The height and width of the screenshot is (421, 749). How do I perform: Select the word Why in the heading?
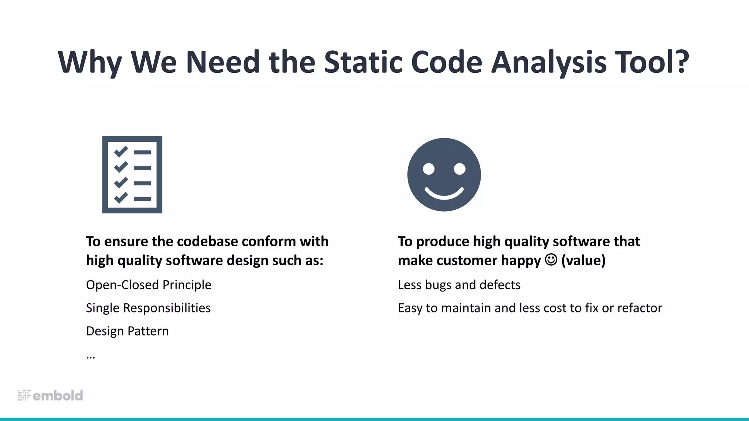(90, 62)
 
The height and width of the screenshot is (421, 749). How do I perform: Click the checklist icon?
(132, 175)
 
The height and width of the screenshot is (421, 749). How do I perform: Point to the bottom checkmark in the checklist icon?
(121, 198)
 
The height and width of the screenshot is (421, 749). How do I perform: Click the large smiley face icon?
(444, 175)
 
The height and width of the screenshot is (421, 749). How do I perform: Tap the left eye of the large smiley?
(429, 169)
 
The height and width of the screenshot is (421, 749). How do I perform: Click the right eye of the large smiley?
(460, 169)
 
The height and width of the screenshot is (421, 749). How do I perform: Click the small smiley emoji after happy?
(551, 260)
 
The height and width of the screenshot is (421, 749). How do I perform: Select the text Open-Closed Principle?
(148, 285)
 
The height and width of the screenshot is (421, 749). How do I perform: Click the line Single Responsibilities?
(148, 308)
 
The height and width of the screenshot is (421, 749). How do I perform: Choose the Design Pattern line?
(127, 331)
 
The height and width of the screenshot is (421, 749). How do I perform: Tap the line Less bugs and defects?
(459, 285)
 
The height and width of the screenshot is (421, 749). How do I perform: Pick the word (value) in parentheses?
(583, 260)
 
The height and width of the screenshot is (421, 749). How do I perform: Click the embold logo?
(50, 395)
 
